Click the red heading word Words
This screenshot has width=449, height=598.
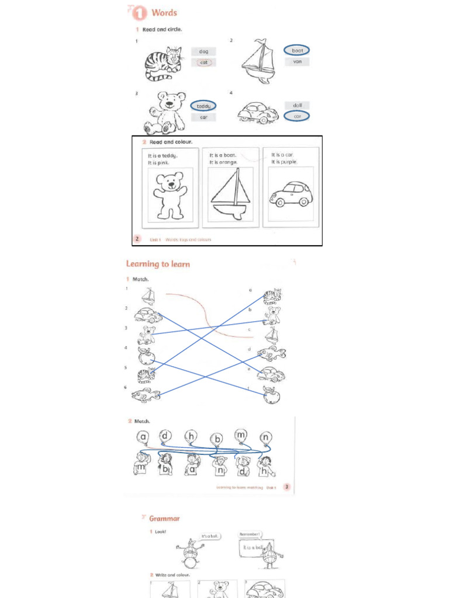click(164, 12)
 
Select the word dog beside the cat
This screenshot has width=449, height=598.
click(203, 51)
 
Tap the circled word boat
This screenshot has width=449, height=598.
click(297, 50)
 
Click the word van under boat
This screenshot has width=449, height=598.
click(297, 61)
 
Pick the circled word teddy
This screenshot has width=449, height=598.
click(203, 106)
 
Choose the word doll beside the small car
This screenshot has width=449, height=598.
click(297, 105)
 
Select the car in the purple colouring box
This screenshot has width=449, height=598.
click(291, 194)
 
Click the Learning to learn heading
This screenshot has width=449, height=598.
click(158, 264)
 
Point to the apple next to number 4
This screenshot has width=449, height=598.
click(146, 355)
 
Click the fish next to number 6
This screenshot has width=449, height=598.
click(146, 395)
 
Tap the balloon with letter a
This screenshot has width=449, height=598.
click(143, 436)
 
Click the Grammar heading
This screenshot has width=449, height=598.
click(164, 518)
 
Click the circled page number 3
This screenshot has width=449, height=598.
click(286, 486)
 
